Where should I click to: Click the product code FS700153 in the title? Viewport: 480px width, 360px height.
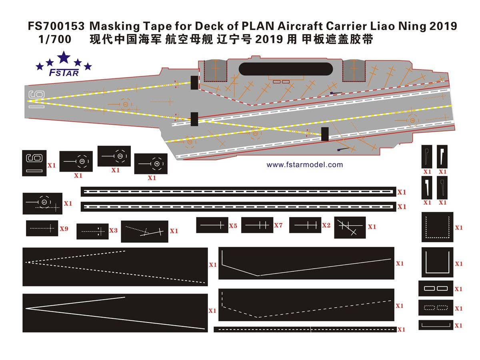point(56,26)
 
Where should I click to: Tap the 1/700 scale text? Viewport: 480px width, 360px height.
point(55,39)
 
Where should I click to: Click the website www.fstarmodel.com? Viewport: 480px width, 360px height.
point(305,164)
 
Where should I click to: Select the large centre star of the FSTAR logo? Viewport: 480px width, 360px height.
point(64,57)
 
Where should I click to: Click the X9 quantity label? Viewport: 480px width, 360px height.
point(64,229)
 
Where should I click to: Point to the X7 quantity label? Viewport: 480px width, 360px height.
point(278,225)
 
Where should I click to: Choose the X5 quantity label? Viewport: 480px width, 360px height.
point(233,226)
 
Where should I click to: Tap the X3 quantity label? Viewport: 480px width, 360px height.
point(113,230)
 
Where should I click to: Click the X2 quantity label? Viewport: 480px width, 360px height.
point(326,225)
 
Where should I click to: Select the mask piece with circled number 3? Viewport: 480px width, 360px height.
point(76,161)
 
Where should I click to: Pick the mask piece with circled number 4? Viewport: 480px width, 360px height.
point(151,164)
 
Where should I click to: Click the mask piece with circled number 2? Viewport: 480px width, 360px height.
point(114,156)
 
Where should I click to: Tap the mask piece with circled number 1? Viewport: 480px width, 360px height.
point(42,204)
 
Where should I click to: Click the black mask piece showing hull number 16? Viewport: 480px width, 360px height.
point(34,163)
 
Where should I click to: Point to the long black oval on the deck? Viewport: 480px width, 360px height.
point(286,69)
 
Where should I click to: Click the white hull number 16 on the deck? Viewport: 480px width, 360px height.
point(36,100)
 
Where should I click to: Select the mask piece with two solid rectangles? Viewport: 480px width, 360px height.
point(436,288)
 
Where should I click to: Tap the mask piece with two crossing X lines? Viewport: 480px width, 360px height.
point(350,228)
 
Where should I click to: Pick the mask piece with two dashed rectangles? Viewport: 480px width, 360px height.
point(436,308)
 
